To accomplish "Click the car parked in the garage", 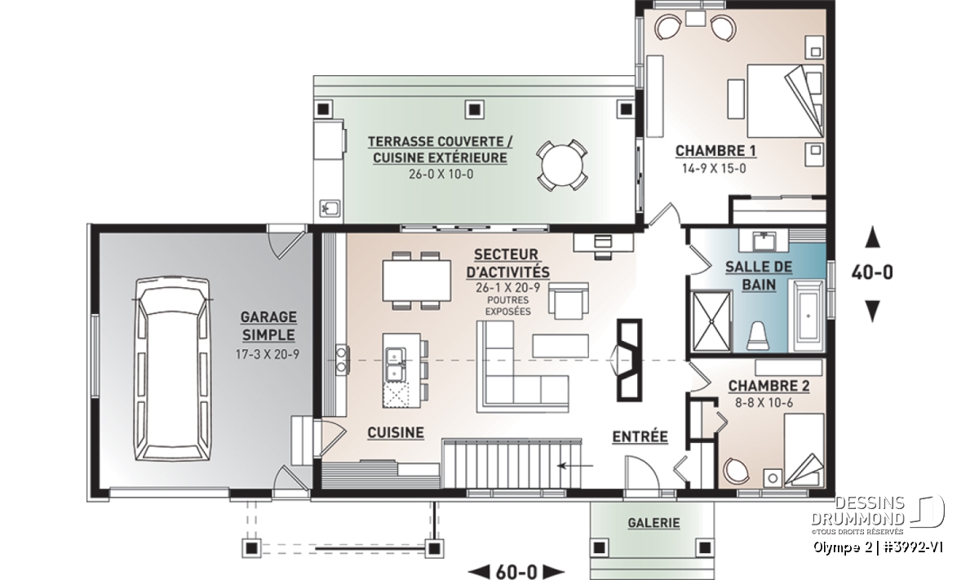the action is point(173,369).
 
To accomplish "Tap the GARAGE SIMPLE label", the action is point(268,326).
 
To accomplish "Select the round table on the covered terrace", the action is point(562,166).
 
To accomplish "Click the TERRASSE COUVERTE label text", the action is point(440,142).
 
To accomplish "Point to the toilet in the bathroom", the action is point(757,335).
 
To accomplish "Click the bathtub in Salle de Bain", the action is point(808,316).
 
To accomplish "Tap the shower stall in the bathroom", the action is point(711,321).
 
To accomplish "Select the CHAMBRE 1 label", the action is point(715,151).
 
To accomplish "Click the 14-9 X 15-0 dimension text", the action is point(714,169).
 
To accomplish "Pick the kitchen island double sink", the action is point(396,365).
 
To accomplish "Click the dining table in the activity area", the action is point(417,281).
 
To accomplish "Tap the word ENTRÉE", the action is point(640,436).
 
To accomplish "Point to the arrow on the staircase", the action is point(575,466).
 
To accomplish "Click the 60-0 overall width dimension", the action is point(516,571).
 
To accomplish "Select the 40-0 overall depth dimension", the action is point(872,272).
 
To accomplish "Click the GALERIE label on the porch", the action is point(653,523).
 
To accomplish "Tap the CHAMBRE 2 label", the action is point(769,386).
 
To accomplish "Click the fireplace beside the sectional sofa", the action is point(628,360).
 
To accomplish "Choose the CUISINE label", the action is point(396,432).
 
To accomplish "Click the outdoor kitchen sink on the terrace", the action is point(330,208).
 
